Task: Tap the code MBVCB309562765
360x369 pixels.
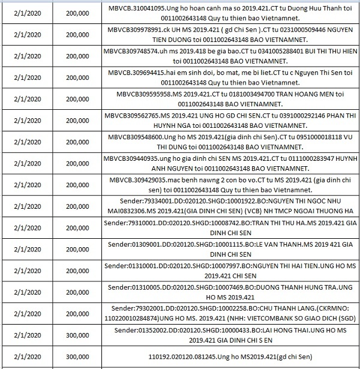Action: [x=131, y=115]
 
